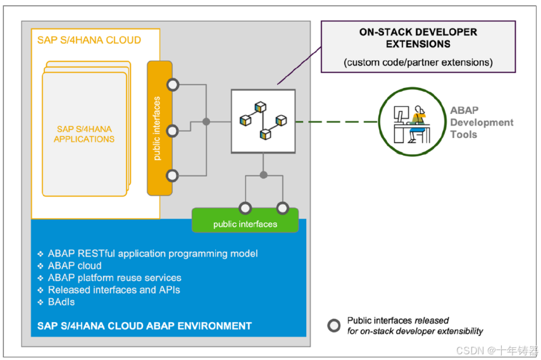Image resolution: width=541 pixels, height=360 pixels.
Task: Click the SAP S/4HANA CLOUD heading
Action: [x=89, y=40]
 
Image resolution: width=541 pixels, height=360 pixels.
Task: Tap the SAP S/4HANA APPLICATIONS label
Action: [x=84, y=134]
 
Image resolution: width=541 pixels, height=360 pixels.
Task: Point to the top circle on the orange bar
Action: [x=171, y=85]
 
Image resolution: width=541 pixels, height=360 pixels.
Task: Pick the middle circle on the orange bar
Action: [x=171, y=131]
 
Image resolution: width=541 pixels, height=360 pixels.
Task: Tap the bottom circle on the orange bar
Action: [x=171, y=175]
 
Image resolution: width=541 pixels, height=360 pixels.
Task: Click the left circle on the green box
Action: [x=245, y=208]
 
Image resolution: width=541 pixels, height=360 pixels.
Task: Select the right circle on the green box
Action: [x=282, y=208]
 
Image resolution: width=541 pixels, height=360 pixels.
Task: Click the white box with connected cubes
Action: [x=263, y=121]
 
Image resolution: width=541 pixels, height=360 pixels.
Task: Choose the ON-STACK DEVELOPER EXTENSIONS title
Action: [x=418, y=38]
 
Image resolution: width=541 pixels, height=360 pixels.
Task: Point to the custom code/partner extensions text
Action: [x=418, y=63]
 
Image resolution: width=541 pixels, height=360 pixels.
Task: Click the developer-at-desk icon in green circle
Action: [x=412, y=121]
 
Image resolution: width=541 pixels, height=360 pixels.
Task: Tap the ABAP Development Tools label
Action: [x=481, y=122]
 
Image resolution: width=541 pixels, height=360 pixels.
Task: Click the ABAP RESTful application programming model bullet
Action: [x=152, y=254]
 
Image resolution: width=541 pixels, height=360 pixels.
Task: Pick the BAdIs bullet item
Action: [x=61, y=302]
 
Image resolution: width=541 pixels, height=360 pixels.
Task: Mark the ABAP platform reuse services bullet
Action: [x=115, y=278]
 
